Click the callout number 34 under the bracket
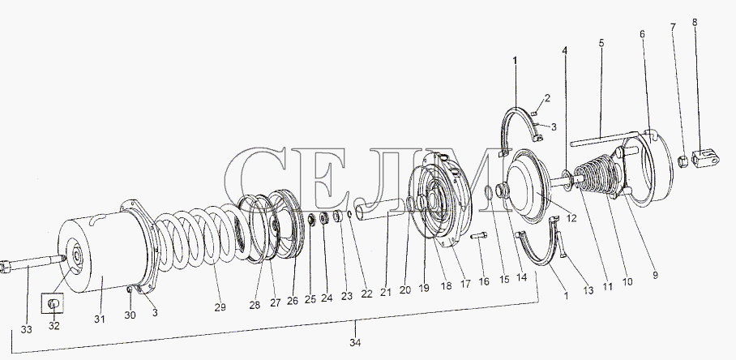point(355,343)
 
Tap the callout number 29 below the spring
point(220,307)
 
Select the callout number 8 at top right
point(695,22)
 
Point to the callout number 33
point(26,329)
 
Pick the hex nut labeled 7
point(684,162)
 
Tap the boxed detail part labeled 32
point(54,305)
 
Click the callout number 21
point(385,292)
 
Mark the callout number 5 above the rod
point(601,43)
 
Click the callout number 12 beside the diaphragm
point(571,218)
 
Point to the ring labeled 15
point(489,191)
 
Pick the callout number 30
point(130,315)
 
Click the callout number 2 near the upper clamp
point(547,98)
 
